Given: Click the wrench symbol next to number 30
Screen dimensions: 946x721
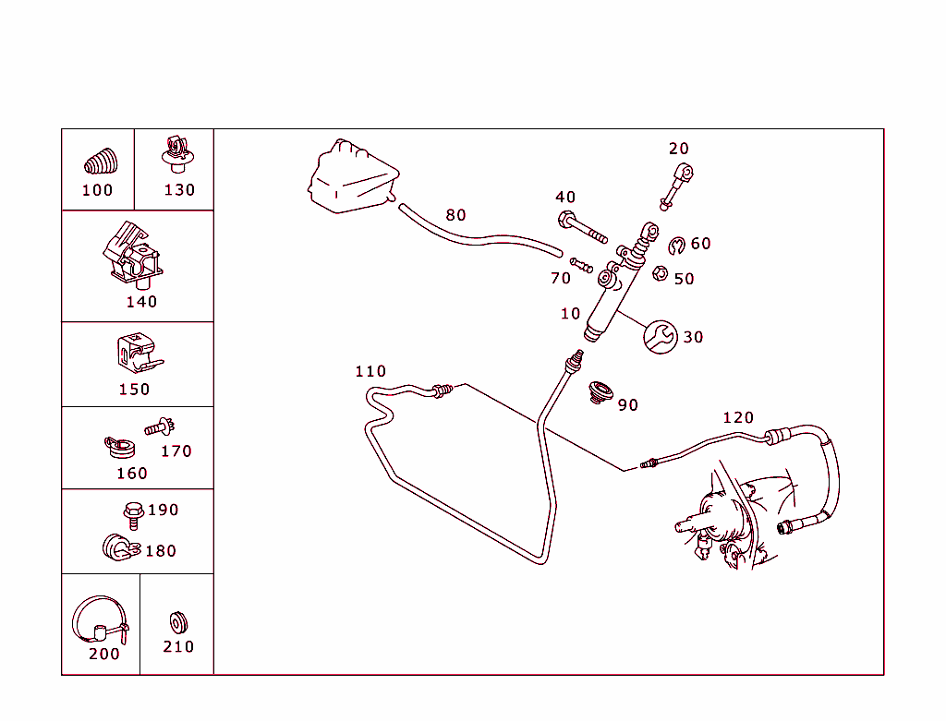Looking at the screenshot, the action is tap(660, 337).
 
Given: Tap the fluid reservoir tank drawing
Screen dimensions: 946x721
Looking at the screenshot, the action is tap(354, 176).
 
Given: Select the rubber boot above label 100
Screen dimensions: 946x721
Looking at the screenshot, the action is tap(101, 162).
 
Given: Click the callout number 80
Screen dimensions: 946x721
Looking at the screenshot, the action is tap(455, 215).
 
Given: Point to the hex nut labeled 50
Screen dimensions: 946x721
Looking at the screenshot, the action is tap(660, 273).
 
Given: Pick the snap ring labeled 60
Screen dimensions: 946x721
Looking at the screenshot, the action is tap(677, 246).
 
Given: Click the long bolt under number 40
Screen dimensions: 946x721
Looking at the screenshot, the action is tap(582, 227).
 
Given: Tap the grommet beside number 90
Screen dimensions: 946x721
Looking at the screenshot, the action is tap(600, 392).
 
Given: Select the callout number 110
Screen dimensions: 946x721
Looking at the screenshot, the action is tap(370, 371).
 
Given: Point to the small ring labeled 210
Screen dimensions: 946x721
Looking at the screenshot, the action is tap(178, 623).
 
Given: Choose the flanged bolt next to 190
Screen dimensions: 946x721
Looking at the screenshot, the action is tap(133, 516).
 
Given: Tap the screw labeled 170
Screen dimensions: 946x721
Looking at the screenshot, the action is tap(159, 427).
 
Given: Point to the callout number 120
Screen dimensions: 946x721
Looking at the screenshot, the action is tap(738, 418).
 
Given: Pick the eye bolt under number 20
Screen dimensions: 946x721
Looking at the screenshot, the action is tap(676, 187).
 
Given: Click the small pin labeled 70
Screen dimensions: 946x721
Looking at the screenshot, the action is tap(582, 265).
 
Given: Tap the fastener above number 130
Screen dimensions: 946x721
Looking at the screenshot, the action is tap(177, 154).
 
